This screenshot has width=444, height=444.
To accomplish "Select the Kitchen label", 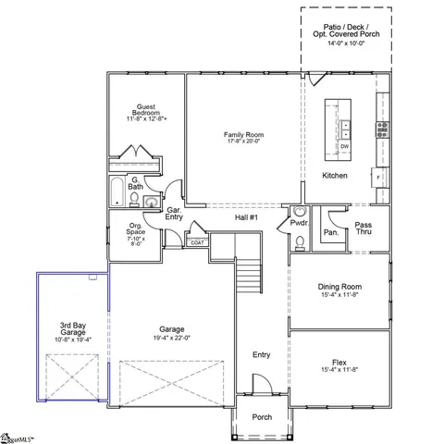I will (x=334, y=176).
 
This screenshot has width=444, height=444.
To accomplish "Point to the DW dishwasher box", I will (x=344, y=146).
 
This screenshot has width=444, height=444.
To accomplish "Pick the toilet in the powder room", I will (x=299, y=242).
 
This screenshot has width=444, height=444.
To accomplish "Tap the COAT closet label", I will (x=198, y=242).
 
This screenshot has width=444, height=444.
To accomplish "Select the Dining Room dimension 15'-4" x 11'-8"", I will (x=339, y=296).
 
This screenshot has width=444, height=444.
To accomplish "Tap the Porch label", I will (x=263, y=417).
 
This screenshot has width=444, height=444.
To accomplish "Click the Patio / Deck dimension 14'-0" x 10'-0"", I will (x=344, y=43).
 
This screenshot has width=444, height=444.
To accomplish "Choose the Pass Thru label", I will (x=364, y=228).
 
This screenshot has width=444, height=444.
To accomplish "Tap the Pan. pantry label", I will (x=330, y=233).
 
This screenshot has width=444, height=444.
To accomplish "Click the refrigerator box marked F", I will (x=377, y=174).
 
